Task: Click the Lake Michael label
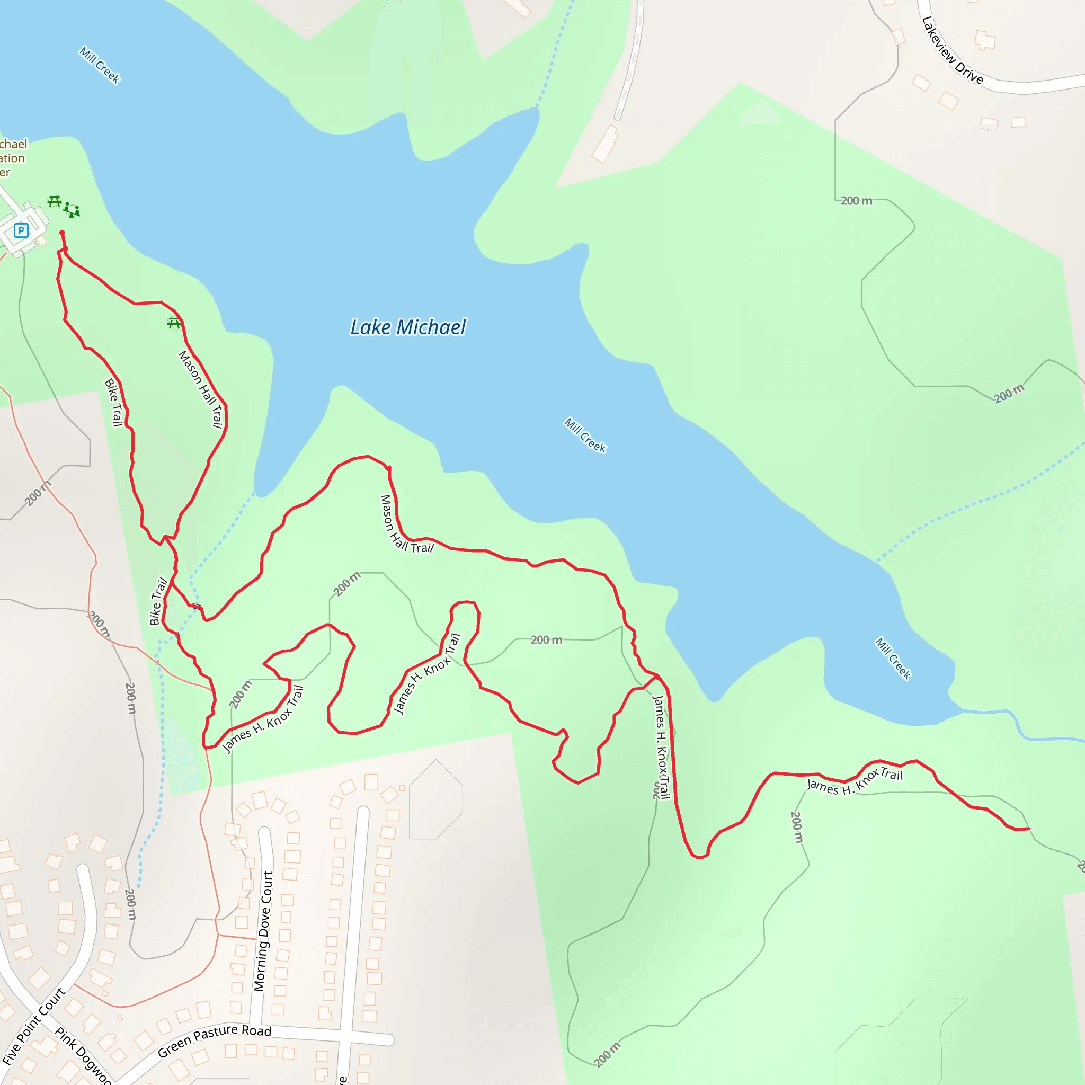(408, 327)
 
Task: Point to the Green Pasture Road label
(215, 1039)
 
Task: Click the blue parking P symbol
(21, 230)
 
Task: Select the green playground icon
(72, 210)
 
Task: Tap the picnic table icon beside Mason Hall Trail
(174, 323)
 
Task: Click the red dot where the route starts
(62, 233)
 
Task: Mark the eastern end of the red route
(1029, 829)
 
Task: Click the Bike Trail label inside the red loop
(114, 402)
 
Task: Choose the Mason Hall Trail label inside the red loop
(200, 389)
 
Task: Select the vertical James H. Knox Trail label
(661, 746)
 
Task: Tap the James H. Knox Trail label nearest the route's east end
(855, 781)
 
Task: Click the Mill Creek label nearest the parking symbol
(100, 65)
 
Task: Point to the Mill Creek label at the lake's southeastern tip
(893, 659)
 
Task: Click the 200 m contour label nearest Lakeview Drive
(856, 200)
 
